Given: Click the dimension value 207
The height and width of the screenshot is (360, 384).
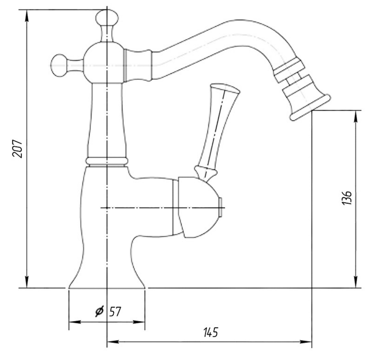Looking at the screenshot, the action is click(x=17, y=149).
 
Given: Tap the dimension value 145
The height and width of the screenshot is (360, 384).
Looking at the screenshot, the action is click(x=210, y=332).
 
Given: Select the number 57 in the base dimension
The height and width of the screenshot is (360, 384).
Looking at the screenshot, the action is click(x=115, y=311).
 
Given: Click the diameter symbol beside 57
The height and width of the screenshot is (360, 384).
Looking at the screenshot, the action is click(x=100, y=311).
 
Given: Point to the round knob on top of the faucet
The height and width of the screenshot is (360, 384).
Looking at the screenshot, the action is click(x=107, y=17).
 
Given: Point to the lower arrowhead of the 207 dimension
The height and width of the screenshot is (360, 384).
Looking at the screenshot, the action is click(x=27, y=281).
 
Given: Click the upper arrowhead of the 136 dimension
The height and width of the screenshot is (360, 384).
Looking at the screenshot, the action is click(x=356, y=117).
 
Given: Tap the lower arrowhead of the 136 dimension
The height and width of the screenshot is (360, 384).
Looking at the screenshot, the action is click(x=356, y=281).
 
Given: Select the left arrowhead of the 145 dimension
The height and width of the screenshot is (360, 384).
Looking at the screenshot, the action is click(x=113, y=342).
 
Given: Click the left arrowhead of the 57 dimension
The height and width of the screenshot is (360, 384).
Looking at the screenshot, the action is click(x=75, y=322).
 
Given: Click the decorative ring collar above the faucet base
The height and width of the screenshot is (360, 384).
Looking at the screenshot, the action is click(x=107, y=161).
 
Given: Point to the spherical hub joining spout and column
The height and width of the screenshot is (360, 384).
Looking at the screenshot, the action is click(x=104, y=62).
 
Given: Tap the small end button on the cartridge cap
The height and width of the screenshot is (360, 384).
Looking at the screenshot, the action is click(x=221, y=207).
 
